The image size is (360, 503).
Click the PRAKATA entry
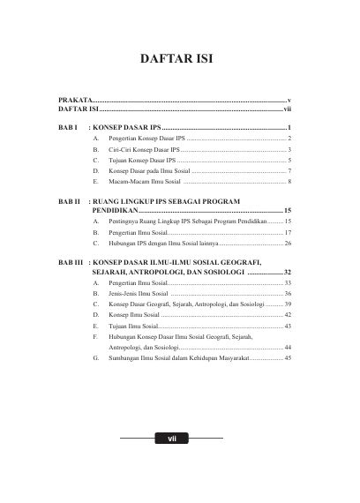tap(74, 101)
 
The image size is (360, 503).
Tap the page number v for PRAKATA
tap(289, 101)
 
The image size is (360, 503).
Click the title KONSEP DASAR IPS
tap(123, 129)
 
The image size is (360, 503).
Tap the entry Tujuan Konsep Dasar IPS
tap(139, 162)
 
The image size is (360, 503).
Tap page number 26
tap(288, 243)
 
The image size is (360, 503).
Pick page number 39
tap(288, 304)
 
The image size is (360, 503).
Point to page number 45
tap(288, 360)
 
